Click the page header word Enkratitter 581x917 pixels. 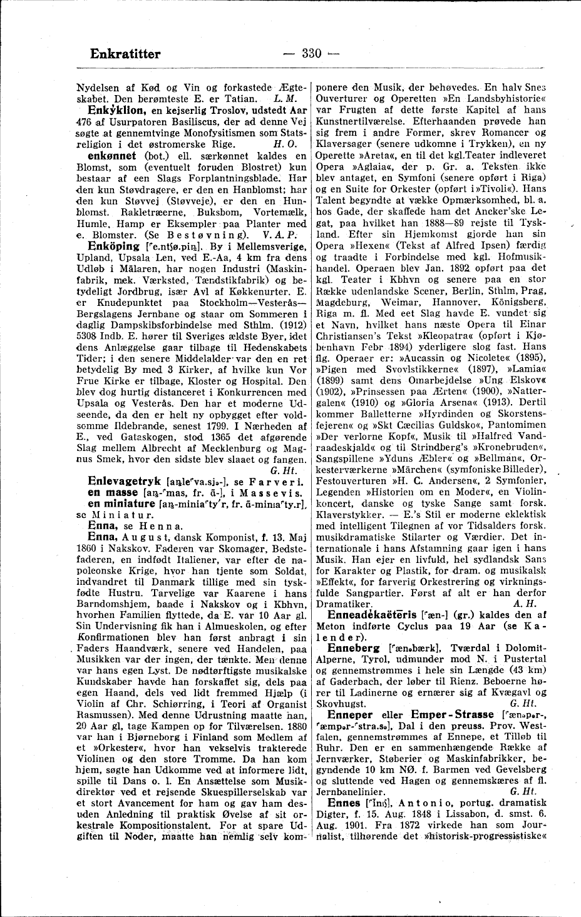click(x=125, y=54)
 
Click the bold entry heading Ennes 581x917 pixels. click(x=342, y=803)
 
